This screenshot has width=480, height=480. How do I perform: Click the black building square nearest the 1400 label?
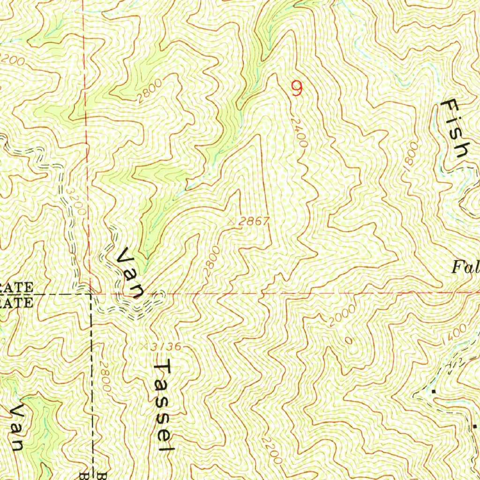(x=435, y=390)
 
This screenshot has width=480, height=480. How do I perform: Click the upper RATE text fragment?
(x=17, y=287)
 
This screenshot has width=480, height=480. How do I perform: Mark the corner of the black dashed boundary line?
(x=91, y=295)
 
